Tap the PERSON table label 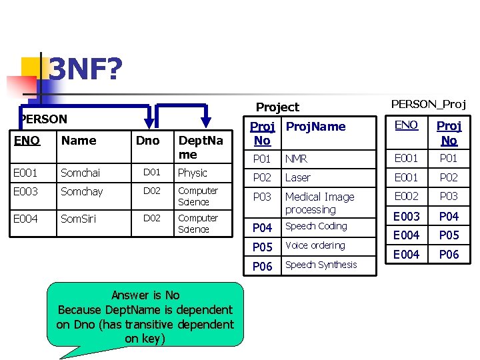point(44,119)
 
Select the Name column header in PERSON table point(79,140)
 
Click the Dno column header point(147,140)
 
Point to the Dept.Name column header point(193,147)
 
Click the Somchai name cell point(80,173)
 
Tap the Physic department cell point(193,173)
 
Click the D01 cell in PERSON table point(153,173)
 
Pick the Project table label point(277,107)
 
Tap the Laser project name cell point(298,178)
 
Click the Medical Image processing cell point(319,203)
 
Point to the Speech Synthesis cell point(321,265)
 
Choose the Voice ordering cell point(315,245)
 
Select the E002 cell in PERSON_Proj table point(405,196)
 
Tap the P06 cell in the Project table point(262,266)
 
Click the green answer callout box point(145,315)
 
